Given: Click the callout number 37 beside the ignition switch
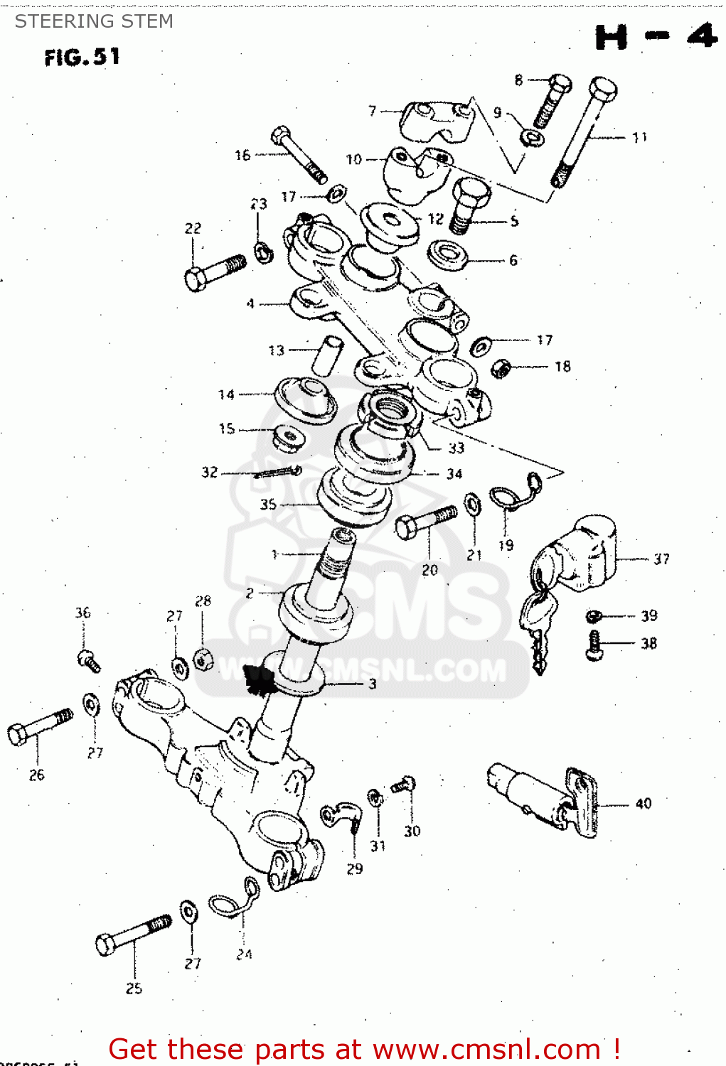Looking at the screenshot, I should [x=661, y=559].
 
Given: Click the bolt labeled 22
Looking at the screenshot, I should [x=213, y=271].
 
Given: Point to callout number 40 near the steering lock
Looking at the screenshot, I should [x=643, y=804].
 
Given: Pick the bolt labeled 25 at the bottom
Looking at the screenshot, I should [x=133, y=935].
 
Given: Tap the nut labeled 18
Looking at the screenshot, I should [x=501, y=368].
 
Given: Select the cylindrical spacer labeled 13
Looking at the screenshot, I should [x=327, y=355].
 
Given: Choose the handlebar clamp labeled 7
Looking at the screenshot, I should [x=435, y=121].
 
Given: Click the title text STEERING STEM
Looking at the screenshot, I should [x=94, y=21].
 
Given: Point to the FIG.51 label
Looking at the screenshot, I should [x=82, y=57].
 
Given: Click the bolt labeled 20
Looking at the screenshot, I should [x=425, y=522].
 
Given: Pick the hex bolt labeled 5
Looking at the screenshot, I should [x=468, y=204].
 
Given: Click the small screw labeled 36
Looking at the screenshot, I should [x=88, y=660].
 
